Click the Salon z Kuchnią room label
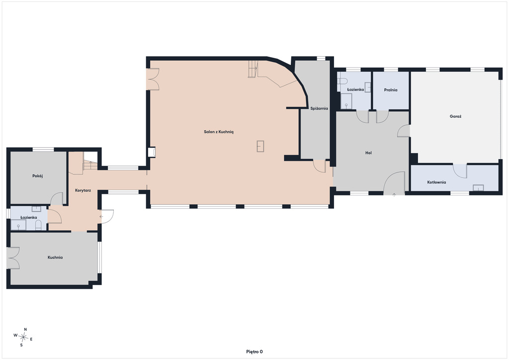(x=219, y=132)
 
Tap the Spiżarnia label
(x=319, y=108)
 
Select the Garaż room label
(x=455, y=116)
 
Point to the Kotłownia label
(x=436, y=182)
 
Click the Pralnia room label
(x=391, y=90)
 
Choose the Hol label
(x=368, y=153)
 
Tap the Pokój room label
(x=38, y=176)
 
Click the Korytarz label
(x=83, y=190)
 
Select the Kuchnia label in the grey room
(x=55, y=258)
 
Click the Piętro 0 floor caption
(x=254, y=352)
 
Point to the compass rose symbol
(x=23, y=337)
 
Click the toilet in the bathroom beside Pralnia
(x=340, y=81)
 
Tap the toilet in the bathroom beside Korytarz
(x=38, y=225)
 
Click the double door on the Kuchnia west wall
(x=13, y=258)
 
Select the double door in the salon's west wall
(x=153, y=79)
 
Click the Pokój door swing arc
(x=57, y=199)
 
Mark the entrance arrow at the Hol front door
(x=394, y=195)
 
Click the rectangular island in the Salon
(x=260, y=146)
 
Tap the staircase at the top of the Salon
(x=253, y=69)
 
